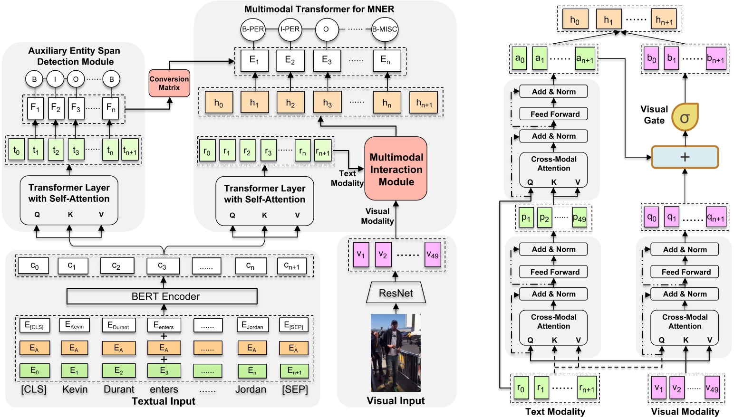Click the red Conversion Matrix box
[x=169, y=83]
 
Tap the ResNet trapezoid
[x=396, y=293]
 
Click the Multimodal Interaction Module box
[x=396, y=169]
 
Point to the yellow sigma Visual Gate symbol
[x=685, y=117]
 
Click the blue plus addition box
[x=685, y=157]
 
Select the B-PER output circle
[x=252, y=29]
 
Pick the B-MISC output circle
[x=384, y=29]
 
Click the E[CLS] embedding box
[x=34, y=326]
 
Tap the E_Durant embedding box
[x=118, y=326]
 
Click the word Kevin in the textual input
[x=75, y=389]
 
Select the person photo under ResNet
[x=396, y=352]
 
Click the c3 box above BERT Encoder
[x=163, y=266]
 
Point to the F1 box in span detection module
[x=35, y=108]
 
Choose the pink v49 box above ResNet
[x=432, y=255]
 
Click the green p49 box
[x=579, y=218]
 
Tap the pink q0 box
[x=651, y=218]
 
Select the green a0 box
[x=520, y=59]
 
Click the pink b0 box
[x=651, y=59]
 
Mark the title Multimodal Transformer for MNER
[x=319, y=9]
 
